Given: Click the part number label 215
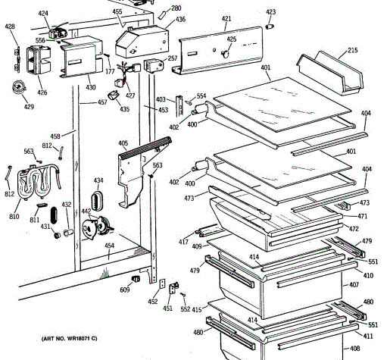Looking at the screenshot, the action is click(x=353, y=50).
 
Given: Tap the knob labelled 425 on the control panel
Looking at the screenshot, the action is click(x=225, y=54).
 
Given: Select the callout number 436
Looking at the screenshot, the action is click(x=180, y=20).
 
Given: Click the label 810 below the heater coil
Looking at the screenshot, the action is click(x=14, y=217).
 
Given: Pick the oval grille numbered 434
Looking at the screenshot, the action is click(x=97, y=201).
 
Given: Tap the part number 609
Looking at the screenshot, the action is click(x=125, y=290).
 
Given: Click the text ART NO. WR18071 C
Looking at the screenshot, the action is click(x=69, y=339).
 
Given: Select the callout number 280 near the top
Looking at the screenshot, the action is click(x=176, y=8).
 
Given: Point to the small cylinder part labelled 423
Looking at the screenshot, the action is click(x=270, y=27).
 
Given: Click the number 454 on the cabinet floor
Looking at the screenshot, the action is click(x=109, y=246).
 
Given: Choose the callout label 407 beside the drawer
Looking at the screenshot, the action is click(x=354, y=285).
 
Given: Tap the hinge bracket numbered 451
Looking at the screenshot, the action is click(x=173, y=288).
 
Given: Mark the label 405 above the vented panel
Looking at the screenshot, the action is click(x=123, y=143).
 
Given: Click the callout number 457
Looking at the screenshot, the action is click(x=102, y=102).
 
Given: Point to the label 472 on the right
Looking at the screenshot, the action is click(x=354, y=229).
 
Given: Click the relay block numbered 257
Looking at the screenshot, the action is click(x=154, y=66).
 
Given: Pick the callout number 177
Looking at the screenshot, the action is click(x=110, y=72).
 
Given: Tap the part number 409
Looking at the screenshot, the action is click(x=197, y=246).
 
